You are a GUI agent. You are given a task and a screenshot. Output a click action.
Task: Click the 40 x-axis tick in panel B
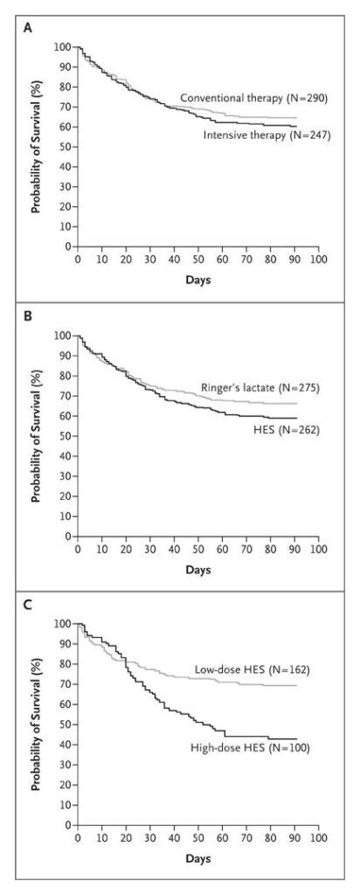point(174,548)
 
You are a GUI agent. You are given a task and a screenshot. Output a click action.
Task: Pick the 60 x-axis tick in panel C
point(223,836)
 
